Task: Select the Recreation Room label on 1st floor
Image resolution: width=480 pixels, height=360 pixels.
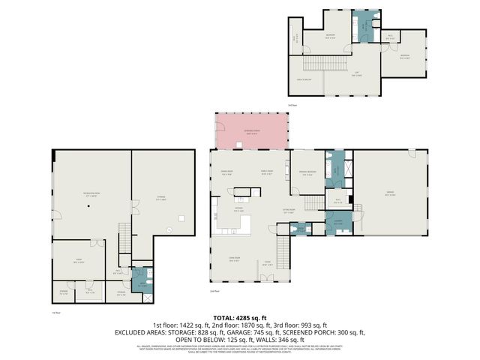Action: point(92,193)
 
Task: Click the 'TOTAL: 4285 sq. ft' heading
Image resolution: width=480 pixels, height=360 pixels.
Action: point(240,318)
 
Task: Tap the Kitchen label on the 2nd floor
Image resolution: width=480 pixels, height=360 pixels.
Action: point(238,210)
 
